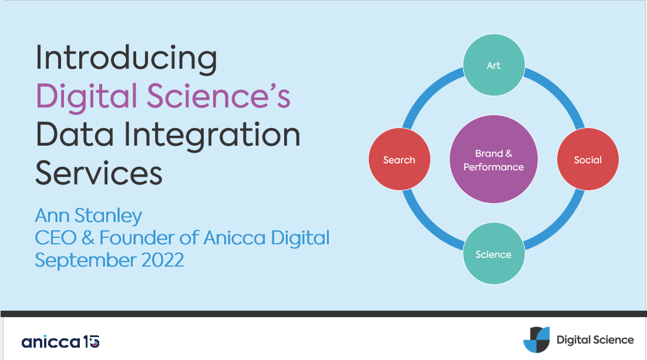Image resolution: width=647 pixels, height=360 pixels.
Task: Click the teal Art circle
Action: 493,65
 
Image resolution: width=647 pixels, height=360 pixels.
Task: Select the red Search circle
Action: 399,160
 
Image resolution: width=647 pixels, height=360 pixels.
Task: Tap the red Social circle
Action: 588,160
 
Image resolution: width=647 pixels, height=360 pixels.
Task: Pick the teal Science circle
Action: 493,254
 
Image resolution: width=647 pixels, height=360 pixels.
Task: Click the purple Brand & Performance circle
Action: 493,160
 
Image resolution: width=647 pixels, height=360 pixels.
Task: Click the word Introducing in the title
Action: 126,59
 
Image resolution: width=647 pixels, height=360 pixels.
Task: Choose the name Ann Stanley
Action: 89,216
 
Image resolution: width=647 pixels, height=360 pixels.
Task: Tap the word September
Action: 86,260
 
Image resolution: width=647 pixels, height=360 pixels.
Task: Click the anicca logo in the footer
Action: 60,341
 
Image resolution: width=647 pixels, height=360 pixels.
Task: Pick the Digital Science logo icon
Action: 537,340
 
